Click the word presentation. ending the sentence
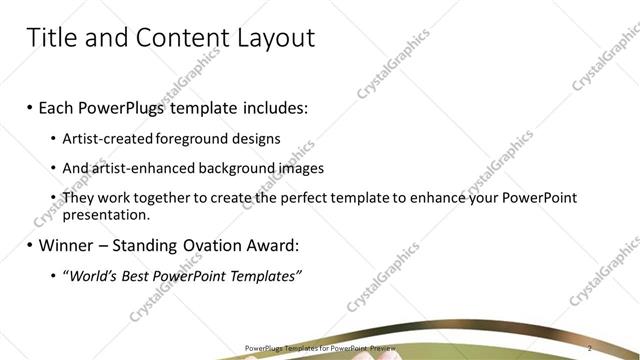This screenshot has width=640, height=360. pyautogui.click(x=105, y=214)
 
